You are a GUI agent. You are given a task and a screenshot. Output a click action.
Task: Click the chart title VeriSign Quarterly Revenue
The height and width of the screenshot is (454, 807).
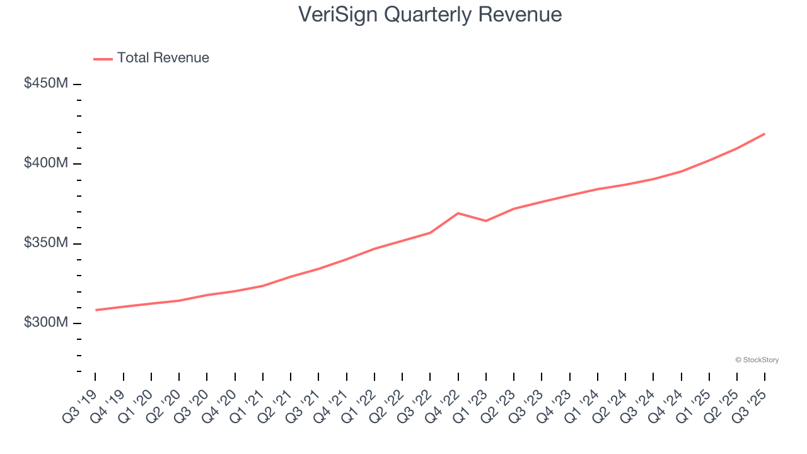430,14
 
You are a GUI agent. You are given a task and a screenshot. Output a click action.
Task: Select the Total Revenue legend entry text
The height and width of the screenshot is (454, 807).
163,58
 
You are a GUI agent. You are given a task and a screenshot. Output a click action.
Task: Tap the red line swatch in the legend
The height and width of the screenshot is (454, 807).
103,59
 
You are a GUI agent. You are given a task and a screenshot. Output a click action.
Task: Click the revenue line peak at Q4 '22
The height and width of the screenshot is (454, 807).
458,213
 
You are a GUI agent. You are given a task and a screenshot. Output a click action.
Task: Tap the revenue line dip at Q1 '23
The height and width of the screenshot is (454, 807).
485,221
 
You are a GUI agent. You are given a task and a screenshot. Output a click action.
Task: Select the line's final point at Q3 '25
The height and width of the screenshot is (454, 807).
764,134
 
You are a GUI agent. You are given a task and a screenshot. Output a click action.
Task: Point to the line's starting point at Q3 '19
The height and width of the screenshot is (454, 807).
96,310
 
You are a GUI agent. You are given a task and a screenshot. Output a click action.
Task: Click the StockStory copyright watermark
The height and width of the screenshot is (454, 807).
757,360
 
